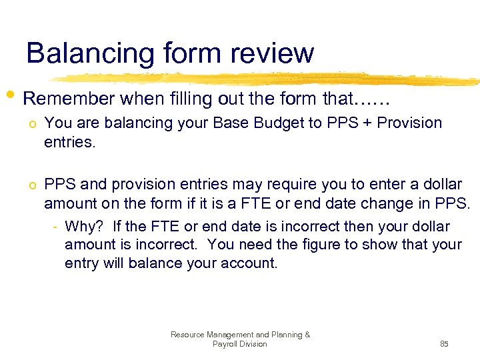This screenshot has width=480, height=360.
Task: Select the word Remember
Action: point(69,99)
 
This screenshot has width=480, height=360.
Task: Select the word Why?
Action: point(85,227)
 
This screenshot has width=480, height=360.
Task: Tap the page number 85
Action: point(444,344)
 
